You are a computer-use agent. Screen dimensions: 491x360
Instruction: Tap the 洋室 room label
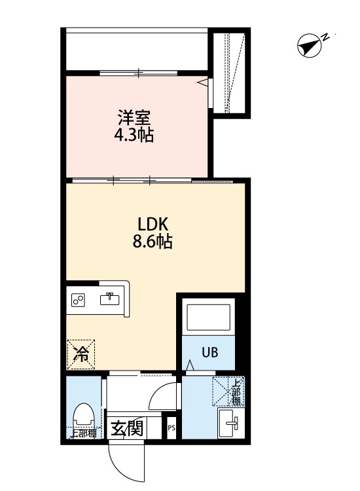(x=134, y=118)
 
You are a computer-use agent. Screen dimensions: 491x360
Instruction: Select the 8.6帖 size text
(x=153, y=242)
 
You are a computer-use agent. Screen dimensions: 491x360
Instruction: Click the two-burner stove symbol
(x=79, y=300)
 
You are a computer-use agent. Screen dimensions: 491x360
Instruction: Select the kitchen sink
(x=110, y=299)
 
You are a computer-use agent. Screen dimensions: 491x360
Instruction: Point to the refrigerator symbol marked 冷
(x=82, y=354)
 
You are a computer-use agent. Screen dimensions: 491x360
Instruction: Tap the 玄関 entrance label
(x=126, y=430)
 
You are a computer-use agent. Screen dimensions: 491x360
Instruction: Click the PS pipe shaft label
(x=171, y=429)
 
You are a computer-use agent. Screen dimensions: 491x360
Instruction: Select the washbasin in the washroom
(x=230, y=424)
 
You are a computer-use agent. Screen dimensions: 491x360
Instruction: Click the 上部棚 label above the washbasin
(x=235, y=392)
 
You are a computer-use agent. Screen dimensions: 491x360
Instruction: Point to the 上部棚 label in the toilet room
(x=82, y=433)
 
